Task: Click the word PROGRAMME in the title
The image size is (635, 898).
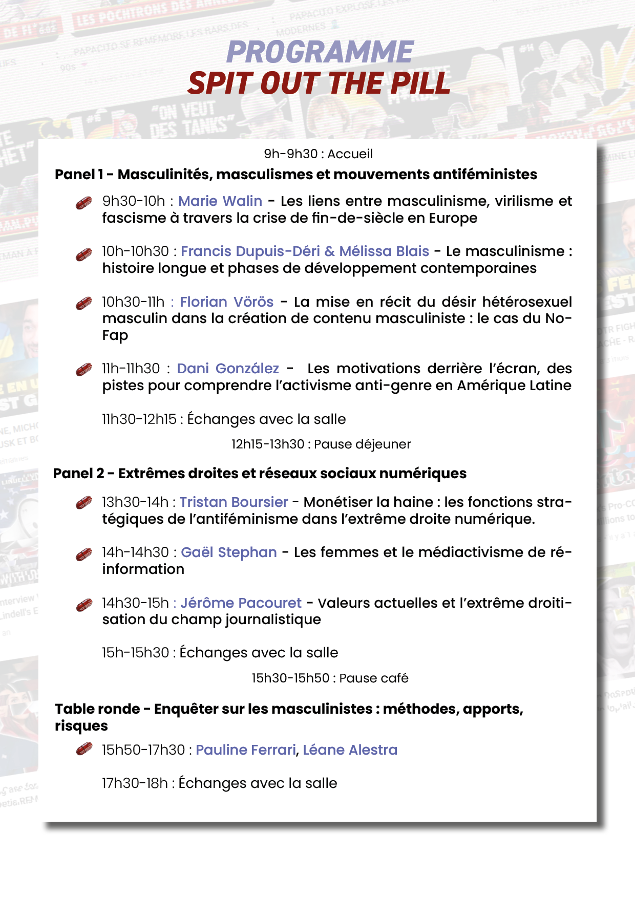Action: pos(320,52)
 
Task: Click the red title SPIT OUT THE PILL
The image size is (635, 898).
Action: pos(319,83)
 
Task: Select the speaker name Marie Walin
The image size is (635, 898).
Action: pos(220,201)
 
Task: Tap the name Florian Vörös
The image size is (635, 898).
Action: pos(226,302)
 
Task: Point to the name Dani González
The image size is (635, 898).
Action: pos(228,368)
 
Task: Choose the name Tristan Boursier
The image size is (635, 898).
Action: pos(234,502)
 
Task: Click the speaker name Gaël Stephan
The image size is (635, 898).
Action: pos(229,552)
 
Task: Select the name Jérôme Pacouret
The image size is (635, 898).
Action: pos(241,603)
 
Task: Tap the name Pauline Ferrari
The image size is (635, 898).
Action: pos(246,750)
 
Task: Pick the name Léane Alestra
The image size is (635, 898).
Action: pos(350,750)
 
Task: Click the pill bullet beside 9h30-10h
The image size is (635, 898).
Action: pos(84,203)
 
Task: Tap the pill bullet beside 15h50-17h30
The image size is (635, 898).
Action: pos(84,750)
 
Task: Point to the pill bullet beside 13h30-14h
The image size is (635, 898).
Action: pos(84,503)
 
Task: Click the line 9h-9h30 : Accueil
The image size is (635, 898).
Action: pos(318,154)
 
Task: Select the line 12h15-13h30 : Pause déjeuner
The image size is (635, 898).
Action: pos(321,444)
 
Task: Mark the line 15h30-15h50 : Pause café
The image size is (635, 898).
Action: pos(330,678)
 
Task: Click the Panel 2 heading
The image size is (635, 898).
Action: pos(260,473)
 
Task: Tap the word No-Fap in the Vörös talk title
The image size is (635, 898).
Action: pos(558,318)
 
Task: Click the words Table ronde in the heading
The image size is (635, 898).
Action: pos(97,709)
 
